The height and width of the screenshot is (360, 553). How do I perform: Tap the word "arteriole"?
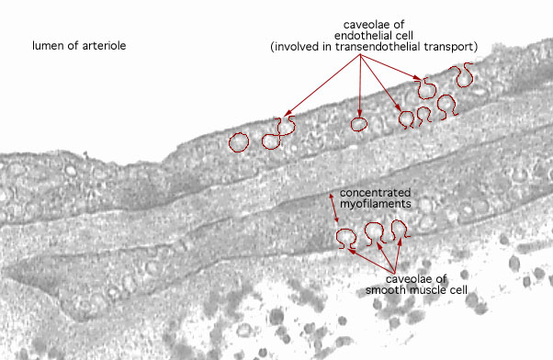[x=104, y=46]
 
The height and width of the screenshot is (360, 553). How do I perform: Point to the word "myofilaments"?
[x=375, y=204]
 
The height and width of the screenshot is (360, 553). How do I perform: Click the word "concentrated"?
[x=375, y=193]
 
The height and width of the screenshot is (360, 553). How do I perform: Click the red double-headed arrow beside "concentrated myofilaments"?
[x=334, y=208]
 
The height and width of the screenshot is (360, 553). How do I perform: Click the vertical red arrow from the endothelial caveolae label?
[x=359, y=85]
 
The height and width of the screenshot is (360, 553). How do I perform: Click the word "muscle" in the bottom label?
[x=423, y=290]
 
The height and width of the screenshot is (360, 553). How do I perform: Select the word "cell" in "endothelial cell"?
[x=404, y=36]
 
